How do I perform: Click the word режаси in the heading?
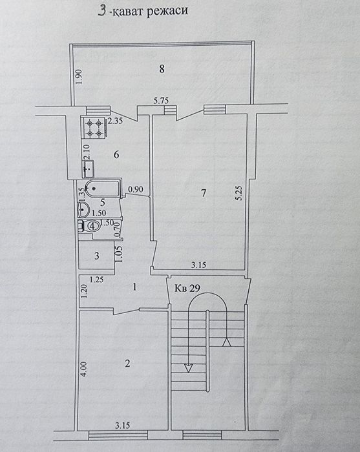[167, 11]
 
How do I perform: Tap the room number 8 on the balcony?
[162, 69]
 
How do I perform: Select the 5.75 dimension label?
[161, 101]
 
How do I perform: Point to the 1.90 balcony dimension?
[80, 77]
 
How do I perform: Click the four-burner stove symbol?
[94, 127]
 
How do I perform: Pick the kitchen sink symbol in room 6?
[89, 169]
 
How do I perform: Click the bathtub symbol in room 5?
[102, 189]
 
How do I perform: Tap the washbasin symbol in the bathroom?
[83, 209]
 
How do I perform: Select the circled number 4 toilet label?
[92, 226]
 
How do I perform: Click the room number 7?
[204, 193]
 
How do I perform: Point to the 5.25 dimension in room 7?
[239, 193]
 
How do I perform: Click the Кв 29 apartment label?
[187, 288]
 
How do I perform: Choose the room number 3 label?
[97, 256]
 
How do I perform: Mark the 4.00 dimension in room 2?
[83, 369]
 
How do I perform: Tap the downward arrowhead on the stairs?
[188, 368]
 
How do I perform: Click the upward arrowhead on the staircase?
[226, 342]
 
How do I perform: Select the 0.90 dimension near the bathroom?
[136, 189]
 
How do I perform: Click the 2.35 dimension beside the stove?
[115, 120]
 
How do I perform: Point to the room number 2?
[127, 364]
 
